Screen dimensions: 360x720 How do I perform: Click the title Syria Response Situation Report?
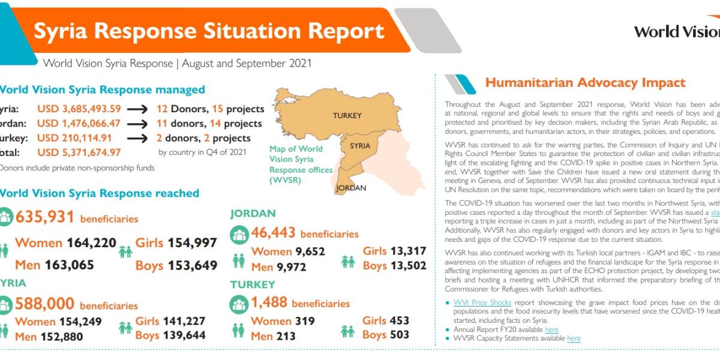(209, 31)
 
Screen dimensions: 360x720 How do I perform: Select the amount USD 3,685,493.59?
(79, 109)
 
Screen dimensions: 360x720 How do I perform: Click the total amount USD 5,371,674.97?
(79, 152)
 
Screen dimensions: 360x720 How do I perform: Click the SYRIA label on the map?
(360, 146)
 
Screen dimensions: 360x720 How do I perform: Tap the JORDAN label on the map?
(351, 188)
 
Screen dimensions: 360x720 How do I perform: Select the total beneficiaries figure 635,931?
(45, 217)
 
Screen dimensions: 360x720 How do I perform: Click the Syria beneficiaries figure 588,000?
(45, 304)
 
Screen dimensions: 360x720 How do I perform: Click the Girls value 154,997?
(191, 243)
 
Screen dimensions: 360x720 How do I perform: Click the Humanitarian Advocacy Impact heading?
(585, 83)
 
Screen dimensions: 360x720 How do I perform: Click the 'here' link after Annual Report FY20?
(551, 329)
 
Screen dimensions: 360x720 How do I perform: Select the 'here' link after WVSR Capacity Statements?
(574, 338)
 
